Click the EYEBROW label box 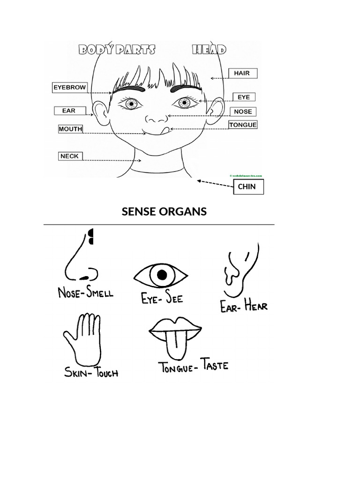[70, 87]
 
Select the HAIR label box [242, 73]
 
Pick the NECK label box [70, 156]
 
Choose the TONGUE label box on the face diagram [243, 125]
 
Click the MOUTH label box [70, 129]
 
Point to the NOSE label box [243, 112]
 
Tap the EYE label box [244, 97]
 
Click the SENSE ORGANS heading [164, 211]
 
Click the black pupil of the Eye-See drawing [162, 275]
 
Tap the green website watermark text [246, 176]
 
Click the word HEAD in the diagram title [209, 49]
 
